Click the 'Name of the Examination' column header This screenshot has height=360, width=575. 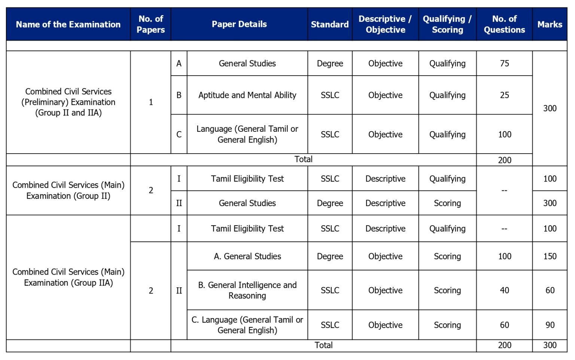coord(68,24)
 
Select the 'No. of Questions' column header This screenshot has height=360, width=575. coord(504,24)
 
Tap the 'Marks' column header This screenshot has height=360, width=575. coord(550,24)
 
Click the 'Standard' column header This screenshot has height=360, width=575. coord(329,24)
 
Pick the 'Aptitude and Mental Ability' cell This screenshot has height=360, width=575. coord(247,95)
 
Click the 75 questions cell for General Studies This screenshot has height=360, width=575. coord(504,63)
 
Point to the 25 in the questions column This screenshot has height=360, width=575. coord(504,95)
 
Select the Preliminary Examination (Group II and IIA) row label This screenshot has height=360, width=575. coord(68,102)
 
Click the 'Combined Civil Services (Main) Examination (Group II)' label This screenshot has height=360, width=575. coord(68,190)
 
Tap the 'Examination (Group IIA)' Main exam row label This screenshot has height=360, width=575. coord(68,277)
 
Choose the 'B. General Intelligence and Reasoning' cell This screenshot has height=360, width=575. coord(247,290)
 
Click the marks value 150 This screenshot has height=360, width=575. coord(550,256)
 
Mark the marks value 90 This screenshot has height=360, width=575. coord(550,325)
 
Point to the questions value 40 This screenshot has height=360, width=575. coord(504,290)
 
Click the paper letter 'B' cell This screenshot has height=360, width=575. coord(179,95)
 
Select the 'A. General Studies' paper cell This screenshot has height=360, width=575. coord(247,256)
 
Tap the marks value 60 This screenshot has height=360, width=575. coord(550,290)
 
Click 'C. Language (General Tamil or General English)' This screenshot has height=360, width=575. coord(247,325)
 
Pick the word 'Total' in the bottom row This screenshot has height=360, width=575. coord(323,345)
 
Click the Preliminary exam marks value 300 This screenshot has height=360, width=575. coord(550,108)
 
